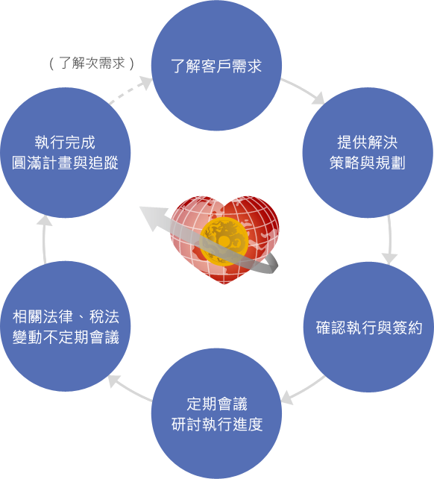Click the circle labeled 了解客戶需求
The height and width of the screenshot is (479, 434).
click(x=216, y=66)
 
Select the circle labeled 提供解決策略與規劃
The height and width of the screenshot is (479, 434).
click(x=368, y=153)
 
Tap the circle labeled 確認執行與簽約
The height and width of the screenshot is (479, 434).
click(x=369, y=327)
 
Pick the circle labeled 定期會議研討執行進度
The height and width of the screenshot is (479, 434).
click(x=216, y=413)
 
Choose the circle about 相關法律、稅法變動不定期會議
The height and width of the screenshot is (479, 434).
click(x=66, y=326)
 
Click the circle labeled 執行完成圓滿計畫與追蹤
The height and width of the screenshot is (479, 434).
click(x=66, y=153)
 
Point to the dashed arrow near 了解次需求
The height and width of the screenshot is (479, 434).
click(x=130, y=90)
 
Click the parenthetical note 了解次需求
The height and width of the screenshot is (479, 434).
click(x=92, y=63)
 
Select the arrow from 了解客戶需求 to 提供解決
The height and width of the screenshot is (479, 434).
click(x=304, y=90)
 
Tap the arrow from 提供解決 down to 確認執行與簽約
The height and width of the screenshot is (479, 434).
click(x=390, y=239)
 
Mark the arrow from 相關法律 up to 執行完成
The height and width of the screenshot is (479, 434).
click(x=44, y=239)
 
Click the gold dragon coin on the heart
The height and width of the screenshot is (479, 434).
click(x=224, y=242)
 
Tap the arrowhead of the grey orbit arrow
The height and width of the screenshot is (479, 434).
click(x=152, y=218)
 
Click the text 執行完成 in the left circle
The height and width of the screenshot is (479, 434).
click(x=65, y=143)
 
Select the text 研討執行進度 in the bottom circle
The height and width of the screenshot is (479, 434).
click(x=217, y=425)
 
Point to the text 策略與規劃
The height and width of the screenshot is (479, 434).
click(x=368, y=163)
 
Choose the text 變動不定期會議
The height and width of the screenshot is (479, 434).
click(x=66, y=337)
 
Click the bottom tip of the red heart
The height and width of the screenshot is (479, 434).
click(x=224, y=284)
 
